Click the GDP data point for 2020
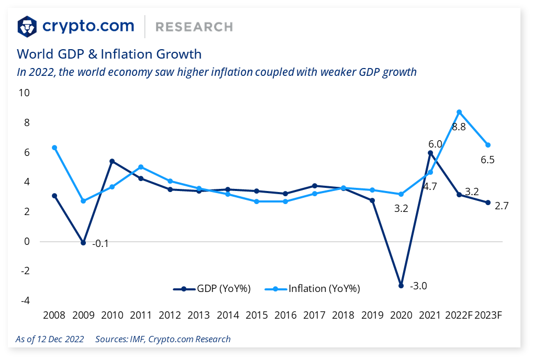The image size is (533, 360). click(x=401, y=286)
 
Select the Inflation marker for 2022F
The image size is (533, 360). click(x=459, y=112)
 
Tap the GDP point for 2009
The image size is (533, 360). click(x=83, y=243)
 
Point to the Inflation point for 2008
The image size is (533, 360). click(x=54, y=148)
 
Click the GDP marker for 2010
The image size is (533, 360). click(x=112, y=161)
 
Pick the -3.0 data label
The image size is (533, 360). click(x=419, y=286)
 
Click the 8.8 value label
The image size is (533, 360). click(x=459, y=127)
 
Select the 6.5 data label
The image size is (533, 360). click(x=487, y=160)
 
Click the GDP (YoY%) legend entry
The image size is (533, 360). click(x=212, y=288)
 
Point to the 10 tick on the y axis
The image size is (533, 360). click(x=24, y=93)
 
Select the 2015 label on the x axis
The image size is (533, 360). click(x=257, y=315)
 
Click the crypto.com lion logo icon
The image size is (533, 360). click(x=27, y=26)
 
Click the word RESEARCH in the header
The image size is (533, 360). click(x=194, y=27)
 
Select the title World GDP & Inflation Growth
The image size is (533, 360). click(x=109, y=54)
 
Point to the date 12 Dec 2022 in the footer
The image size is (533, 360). click(x=59, y=339)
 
